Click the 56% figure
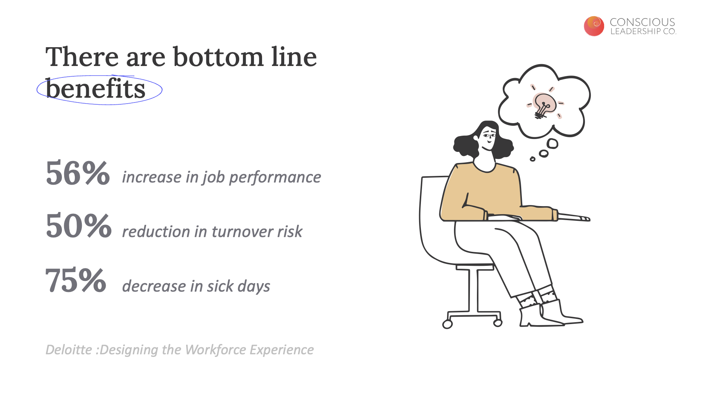point(78,173)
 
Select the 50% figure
point(79,225)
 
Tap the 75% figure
point(76,280)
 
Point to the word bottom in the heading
point(218,57)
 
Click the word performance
point(275,177)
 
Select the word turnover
point(242,232)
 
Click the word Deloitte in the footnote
point(69,349)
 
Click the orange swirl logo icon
point(594,26)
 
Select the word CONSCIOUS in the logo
point(642,22)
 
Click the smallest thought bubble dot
point(533,159)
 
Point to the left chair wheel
point(447,324)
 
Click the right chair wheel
point(498,323)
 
